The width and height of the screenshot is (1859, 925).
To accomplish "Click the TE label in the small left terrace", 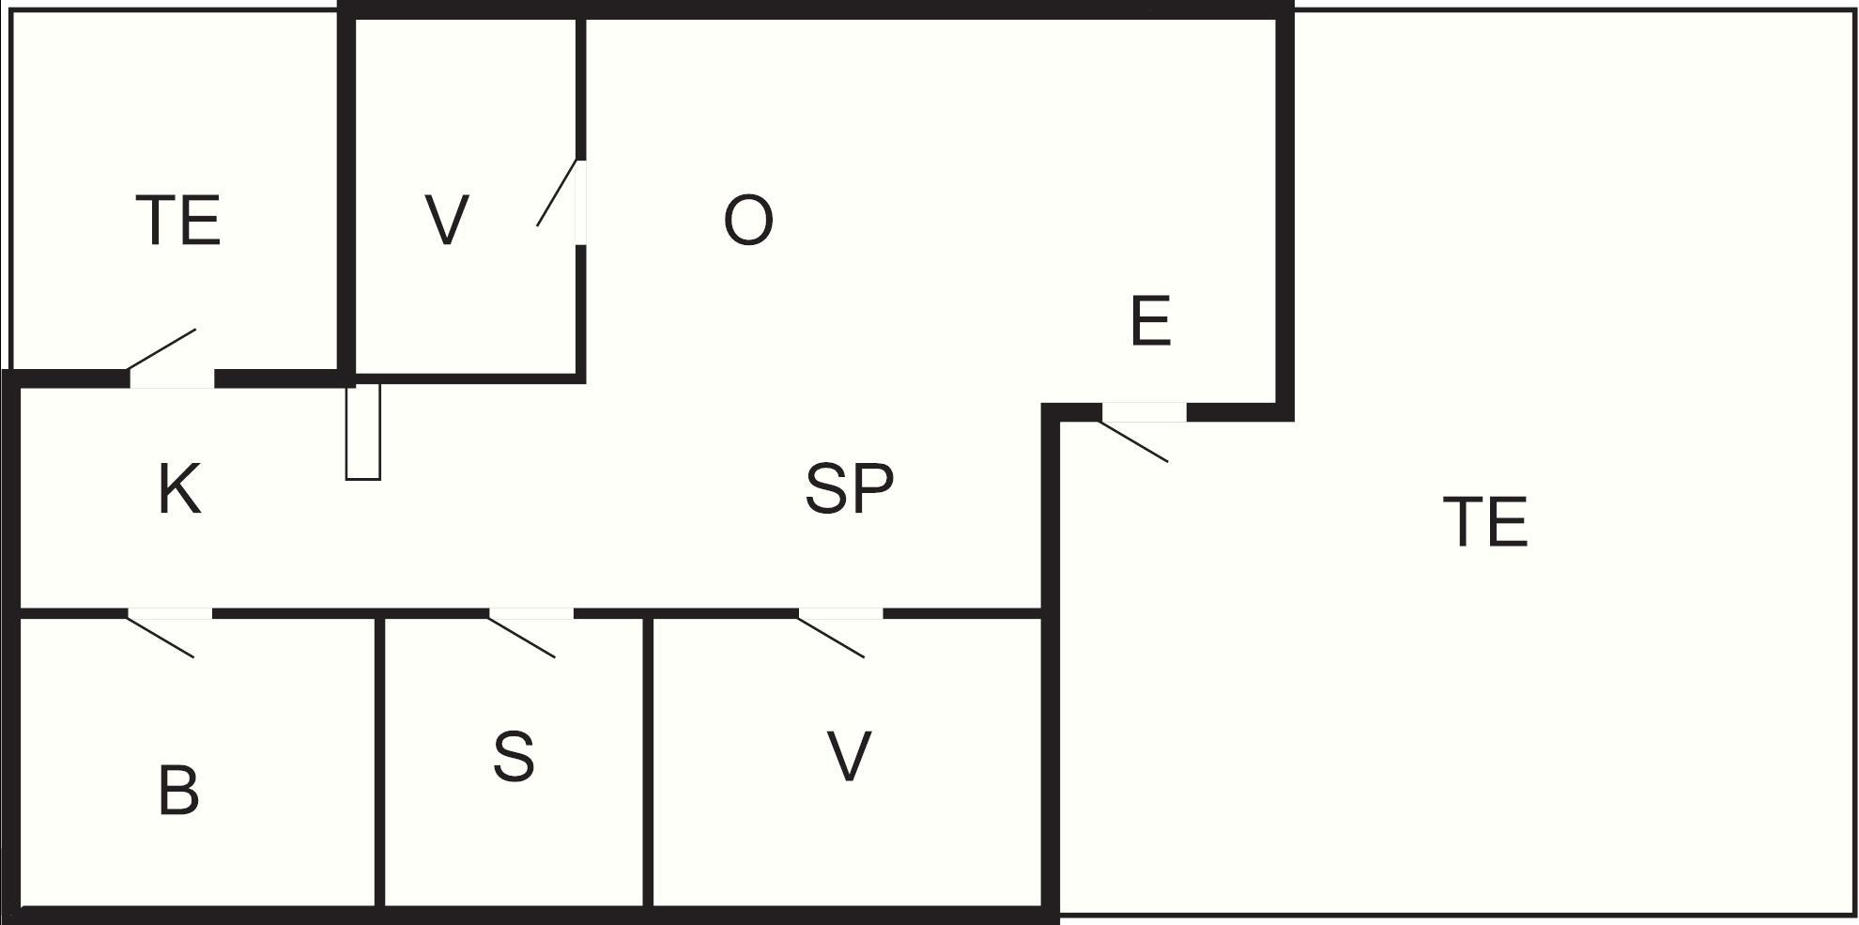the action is (178, 221).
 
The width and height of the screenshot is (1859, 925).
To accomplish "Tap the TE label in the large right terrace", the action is (1485, 522).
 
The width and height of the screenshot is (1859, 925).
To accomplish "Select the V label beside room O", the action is (447, 221).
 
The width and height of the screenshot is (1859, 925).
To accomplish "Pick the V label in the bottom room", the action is (850, 757).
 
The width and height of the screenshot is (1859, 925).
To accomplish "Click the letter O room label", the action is (748, 221).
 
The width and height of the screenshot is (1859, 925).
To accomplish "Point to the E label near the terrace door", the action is (1151, 321).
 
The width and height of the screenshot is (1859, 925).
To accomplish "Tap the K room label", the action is (179, 489).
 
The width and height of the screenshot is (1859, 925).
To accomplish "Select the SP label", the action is (850, 488).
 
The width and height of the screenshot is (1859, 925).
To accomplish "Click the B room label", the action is (178, 791).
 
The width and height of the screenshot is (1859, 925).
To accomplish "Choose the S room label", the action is (514, 757).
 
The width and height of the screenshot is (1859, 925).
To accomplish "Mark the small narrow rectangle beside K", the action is (363, 432).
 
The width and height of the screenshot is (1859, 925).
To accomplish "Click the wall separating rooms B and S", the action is (379, 762).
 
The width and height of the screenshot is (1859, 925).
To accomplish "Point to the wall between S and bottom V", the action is (648, 762).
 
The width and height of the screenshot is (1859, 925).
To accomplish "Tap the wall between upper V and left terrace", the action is (346, 194).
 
